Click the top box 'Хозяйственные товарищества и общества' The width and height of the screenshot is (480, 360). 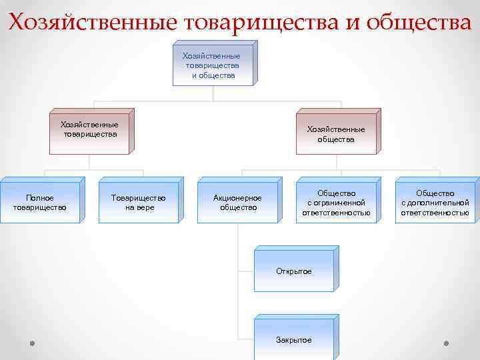click(211, 65)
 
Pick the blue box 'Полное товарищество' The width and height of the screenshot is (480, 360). click(39, 202)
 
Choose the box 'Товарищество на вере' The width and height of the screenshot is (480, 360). click(139, 202)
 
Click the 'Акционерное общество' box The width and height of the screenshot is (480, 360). click(238, 202)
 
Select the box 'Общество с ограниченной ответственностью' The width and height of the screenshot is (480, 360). click(336, 203)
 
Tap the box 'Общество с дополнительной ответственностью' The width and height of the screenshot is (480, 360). click(435, 203)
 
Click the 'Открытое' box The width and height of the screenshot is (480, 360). click(293, 271)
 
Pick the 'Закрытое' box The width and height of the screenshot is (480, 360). click(293, 339)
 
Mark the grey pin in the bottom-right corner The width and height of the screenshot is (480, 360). click(446, 343)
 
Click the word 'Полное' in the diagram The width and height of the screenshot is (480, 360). click(39, 197)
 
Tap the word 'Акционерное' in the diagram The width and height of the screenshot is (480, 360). click(237, 198)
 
